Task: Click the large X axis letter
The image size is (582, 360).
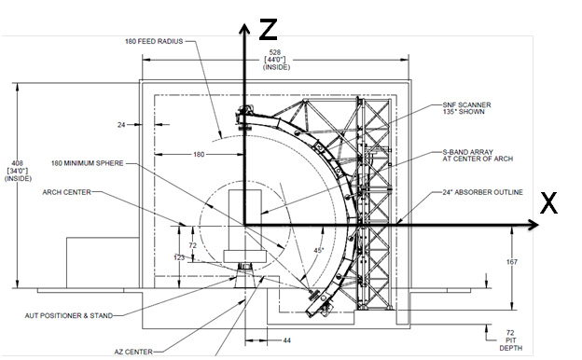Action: coord(548,202)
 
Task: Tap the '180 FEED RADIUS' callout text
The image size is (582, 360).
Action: coord(154,41)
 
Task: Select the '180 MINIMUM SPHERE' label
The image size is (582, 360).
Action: coord(88,163)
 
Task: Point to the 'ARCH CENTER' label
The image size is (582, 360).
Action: coord(67,192)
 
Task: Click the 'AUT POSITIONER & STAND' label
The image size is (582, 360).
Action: coord(69,316)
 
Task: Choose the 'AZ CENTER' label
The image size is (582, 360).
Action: coord(133,352)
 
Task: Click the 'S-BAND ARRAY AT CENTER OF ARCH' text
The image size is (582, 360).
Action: coord(478,156)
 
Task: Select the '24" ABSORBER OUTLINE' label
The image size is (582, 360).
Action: coord(482,192)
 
